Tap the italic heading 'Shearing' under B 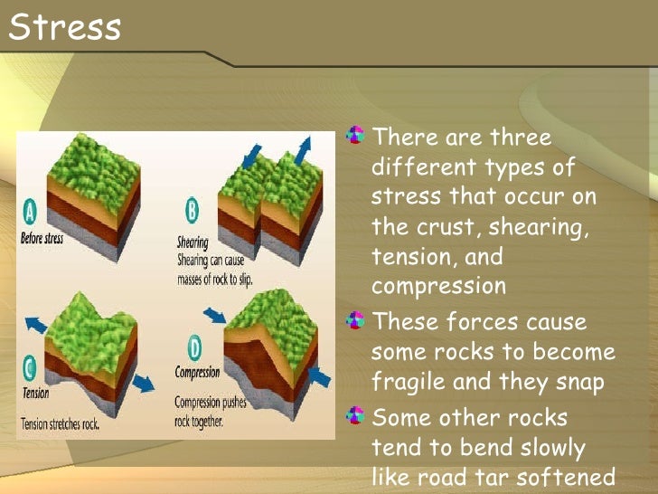point(193,242)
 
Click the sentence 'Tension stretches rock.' point(61,423)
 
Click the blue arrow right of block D point(317,374)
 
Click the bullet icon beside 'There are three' point(358,138)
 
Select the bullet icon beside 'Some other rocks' point(358,416)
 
